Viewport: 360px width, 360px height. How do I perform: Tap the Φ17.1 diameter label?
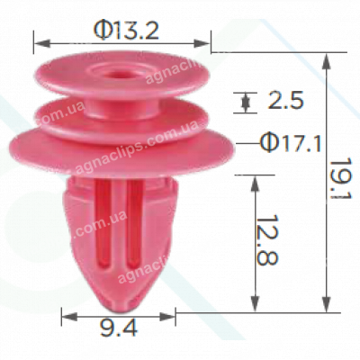(x=288, y=142)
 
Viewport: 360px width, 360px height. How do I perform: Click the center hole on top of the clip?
(x=121, y=70)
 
